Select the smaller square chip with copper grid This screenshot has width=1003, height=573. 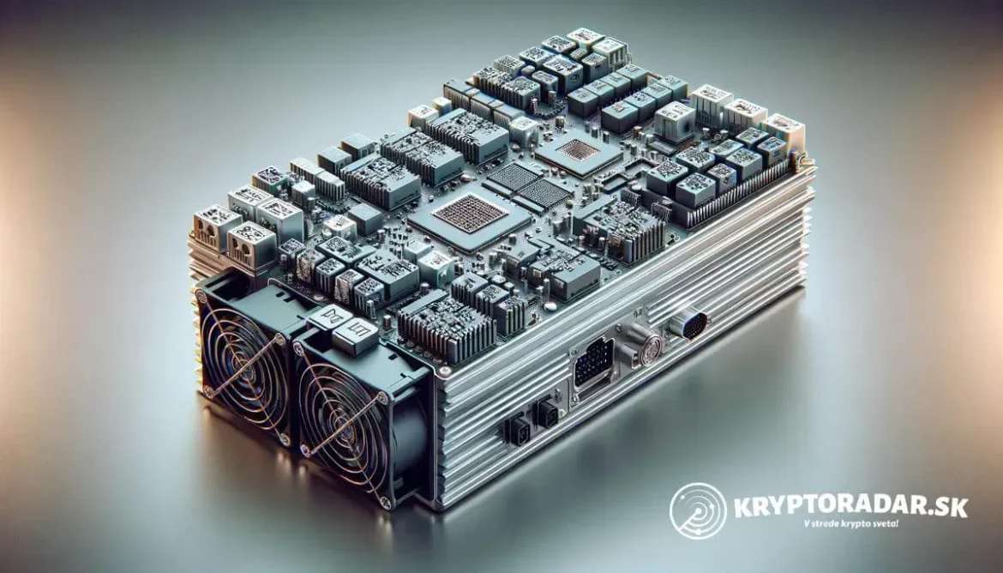pyautogui.click(x=578, y=150)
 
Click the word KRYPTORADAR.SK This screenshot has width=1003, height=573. pyautogui.click(x=850, y=506)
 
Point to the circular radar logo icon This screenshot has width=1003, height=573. pyautogui.click(x=698, y=511)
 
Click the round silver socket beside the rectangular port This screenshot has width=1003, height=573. pyautogui.click(x=647, y=349)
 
